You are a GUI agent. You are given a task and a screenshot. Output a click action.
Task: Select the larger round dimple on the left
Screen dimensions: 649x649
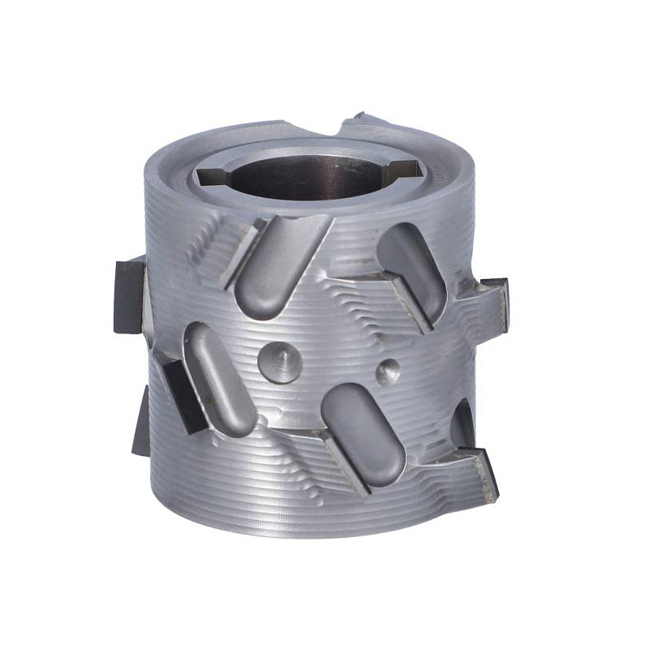(274, 356)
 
